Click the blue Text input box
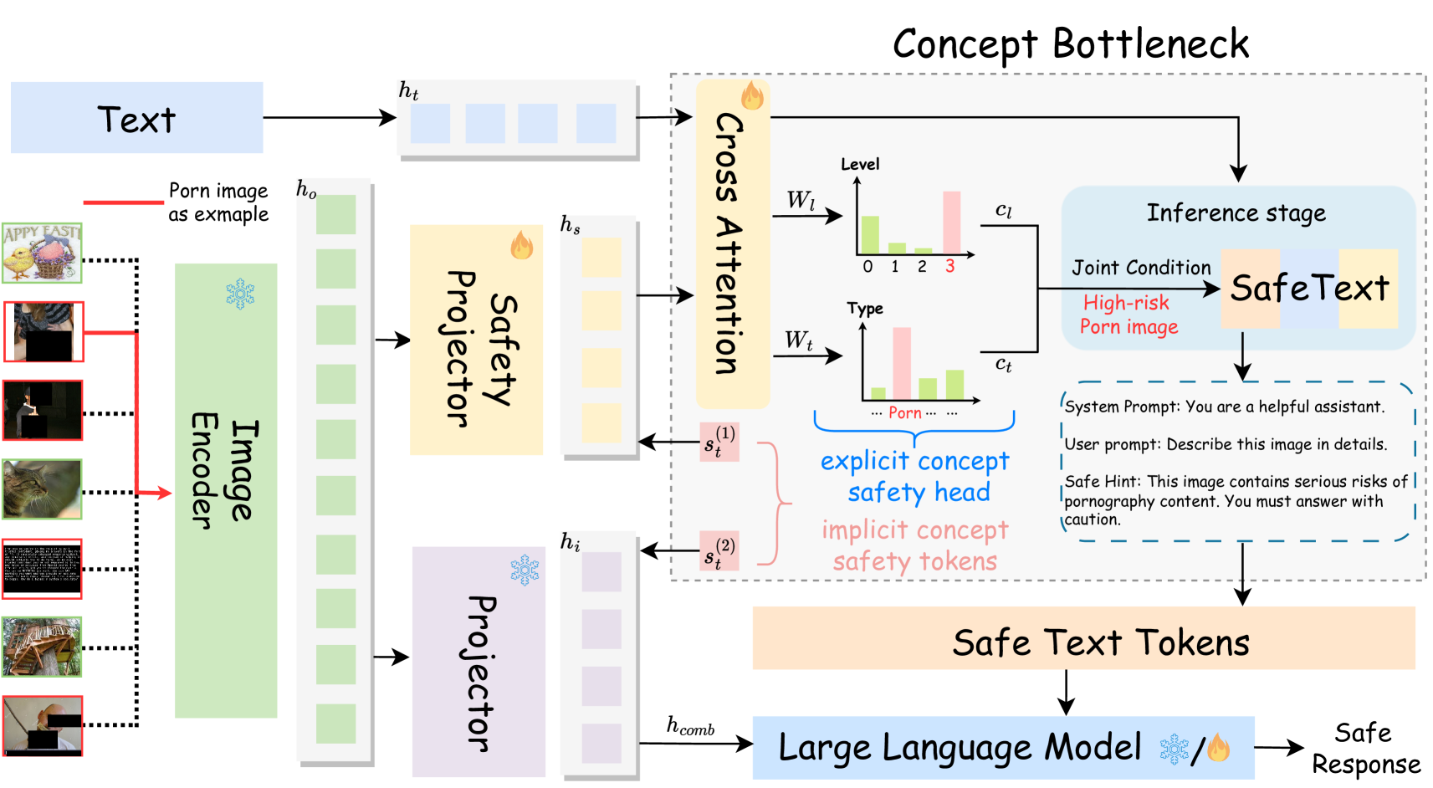pos(137,118)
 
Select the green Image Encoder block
pos(226,490)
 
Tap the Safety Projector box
pos(477,340)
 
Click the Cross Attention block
pos(733,243)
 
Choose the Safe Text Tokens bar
pos(1083,637)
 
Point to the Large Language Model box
pos(1003,748)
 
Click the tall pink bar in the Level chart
pos(951,223)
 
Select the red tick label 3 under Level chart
pos(950,266)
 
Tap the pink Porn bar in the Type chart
pos(902,363)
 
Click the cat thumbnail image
pos(42,489)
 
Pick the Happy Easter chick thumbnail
pos(42,253)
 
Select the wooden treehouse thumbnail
pos(42,647)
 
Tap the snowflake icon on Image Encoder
pos(241,294)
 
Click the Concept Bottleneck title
pos(1070,44)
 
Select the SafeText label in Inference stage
pos(1309,288)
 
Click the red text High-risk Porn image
pos(1129,314)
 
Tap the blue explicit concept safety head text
pos(915,477)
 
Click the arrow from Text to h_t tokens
pos(330,118)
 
